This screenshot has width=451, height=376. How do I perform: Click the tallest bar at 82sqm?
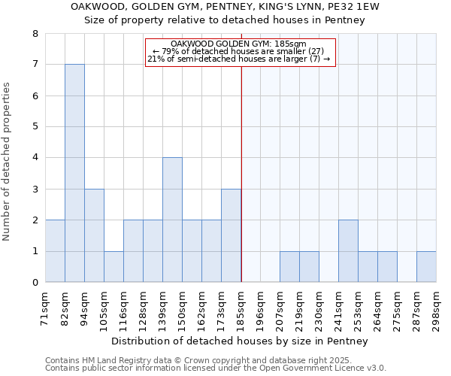[74, 173]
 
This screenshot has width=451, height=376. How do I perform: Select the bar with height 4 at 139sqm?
[172, 220]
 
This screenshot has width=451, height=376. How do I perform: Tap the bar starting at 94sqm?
[94, 235]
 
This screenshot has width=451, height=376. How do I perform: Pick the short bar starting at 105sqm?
[114, 266]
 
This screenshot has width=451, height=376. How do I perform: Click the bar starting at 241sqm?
[348, 251]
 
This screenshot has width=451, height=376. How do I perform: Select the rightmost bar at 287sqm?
[426, 266]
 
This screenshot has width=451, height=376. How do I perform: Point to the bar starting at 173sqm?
[231, 235]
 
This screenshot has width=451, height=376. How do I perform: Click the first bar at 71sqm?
[55, 251]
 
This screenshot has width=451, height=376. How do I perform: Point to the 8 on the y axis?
[35, 34]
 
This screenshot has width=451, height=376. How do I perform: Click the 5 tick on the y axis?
[35, 127]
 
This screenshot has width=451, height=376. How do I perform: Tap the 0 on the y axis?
[35, 283]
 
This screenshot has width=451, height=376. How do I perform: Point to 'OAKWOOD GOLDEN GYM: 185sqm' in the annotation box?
[239, 44]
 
